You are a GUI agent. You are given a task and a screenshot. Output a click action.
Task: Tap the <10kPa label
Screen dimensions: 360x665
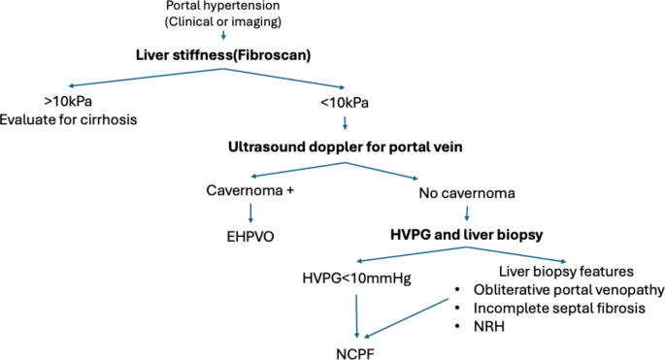(345, 101)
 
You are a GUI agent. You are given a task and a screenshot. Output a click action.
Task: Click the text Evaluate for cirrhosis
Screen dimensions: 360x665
(69, 119)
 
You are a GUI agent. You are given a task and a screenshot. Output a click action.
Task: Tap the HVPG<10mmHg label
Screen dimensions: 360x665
(356, 279)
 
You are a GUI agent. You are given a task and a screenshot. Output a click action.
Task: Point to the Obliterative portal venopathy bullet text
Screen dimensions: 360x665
(569, 290)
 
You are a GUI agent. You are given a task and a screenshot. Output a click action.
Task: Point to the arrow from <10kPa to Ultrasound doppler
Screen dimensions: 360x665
(344, 123)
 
